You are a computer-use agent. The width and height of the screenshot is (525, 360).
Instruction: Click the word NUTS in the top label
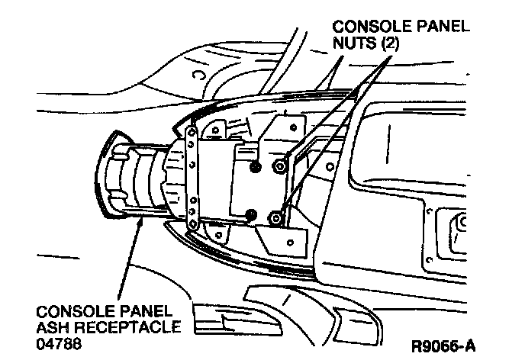(x=353, y=44)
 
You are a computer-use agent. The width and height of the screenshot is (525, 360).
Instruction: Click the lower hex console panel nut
(x=277, y=218)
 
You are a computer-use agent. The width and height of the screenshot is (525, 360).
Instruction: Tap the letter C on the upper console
(x=198, y=75)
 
